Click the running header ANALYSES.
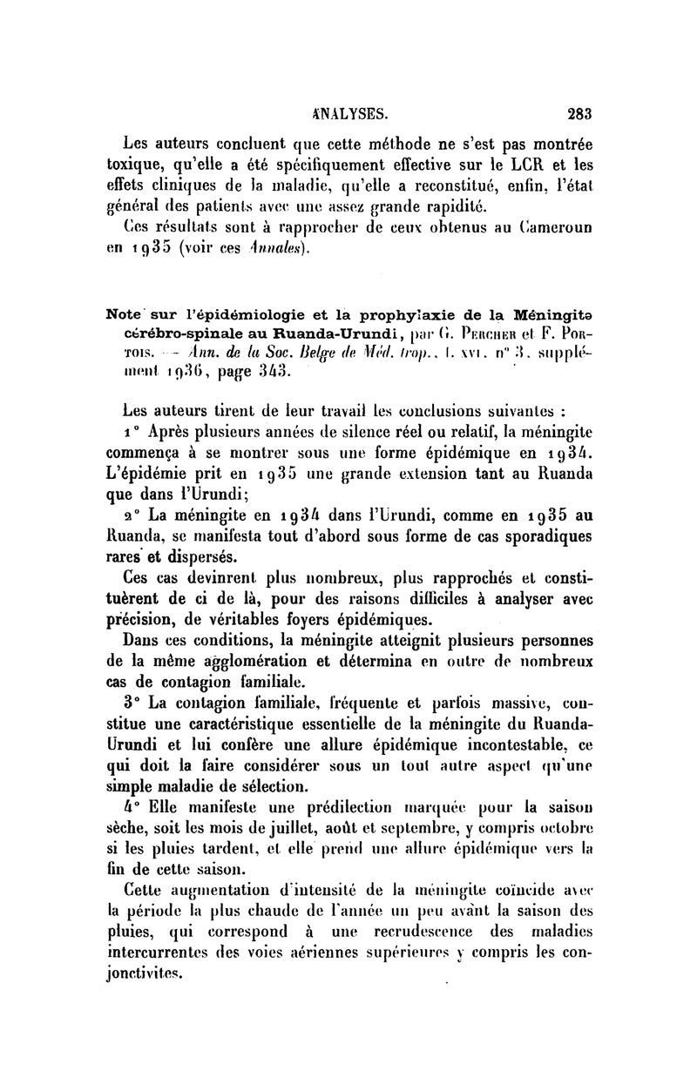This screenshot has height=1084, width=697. pyautogui.click(x=348, y=112)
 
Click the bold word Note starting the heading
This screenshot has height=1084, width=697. pyautogui.click(x=123, y=313)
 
